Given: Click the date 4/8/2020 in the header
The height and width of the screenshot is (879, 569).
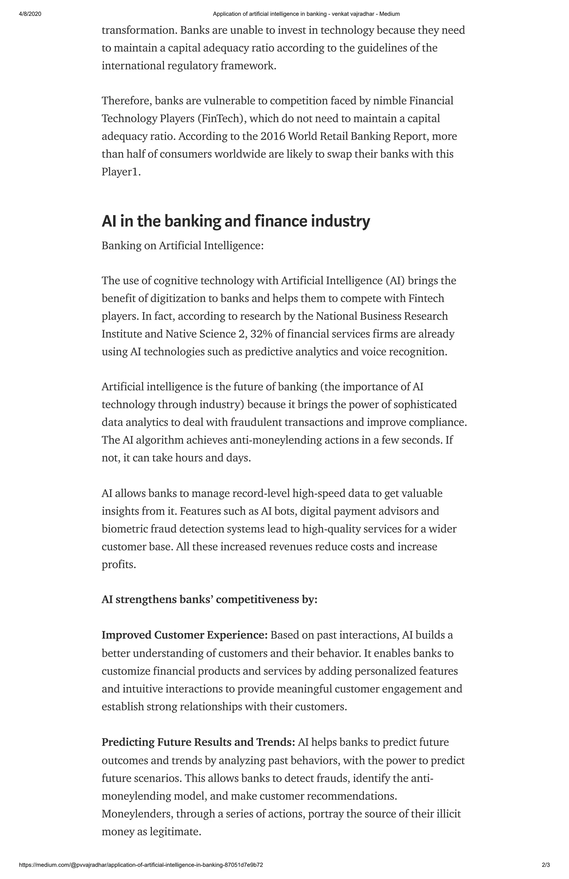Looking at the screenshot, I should [x=30, y=14].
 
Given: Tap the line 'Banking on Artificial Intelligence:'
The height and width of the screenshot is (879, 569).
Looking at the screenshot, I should [x=183, y=246].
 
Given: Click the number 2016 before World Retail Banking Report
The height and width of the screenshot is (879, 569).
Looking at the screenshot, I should [x=273, y=136].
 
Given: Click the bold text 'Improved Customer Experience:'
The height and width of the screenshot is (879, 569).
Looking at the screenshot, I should [x=184, y=635].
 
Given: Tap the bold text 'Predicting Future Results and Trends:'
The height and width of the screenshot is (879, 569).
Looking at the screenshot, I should [x=198, y=742].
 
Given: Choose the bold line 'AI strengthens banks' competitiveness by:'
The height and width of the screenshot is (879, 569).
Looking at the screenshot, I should [x=209, y=599].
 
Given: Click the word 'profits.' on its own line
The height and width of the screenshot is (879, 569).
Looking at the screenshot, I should [x=119, y=564].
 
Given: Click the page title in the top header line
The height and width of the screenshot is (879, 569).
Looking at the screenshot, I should [x=306, y=14].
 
